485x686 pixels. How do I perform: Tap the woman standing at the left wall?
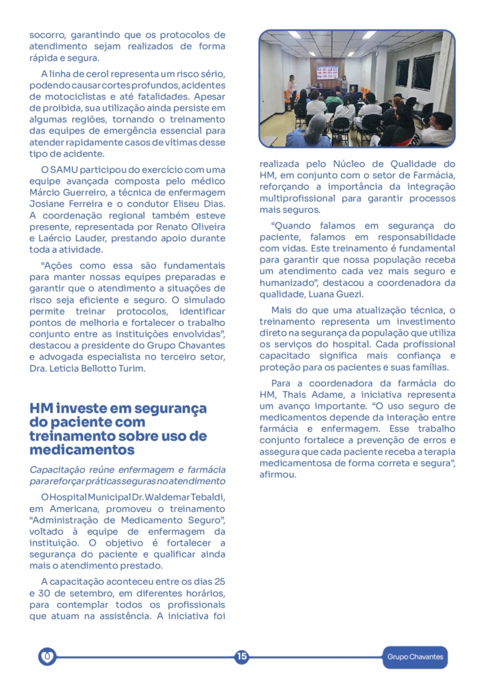(292, 88)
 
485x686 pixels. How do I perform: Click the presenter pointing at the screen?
(345, 84)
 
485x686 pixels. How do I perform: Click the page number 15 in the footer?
(241, 657)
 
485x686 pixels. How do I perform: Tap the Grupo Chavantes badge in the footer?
(415, 657)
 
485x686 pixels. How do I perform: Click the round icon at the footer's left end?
(47, 657)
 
